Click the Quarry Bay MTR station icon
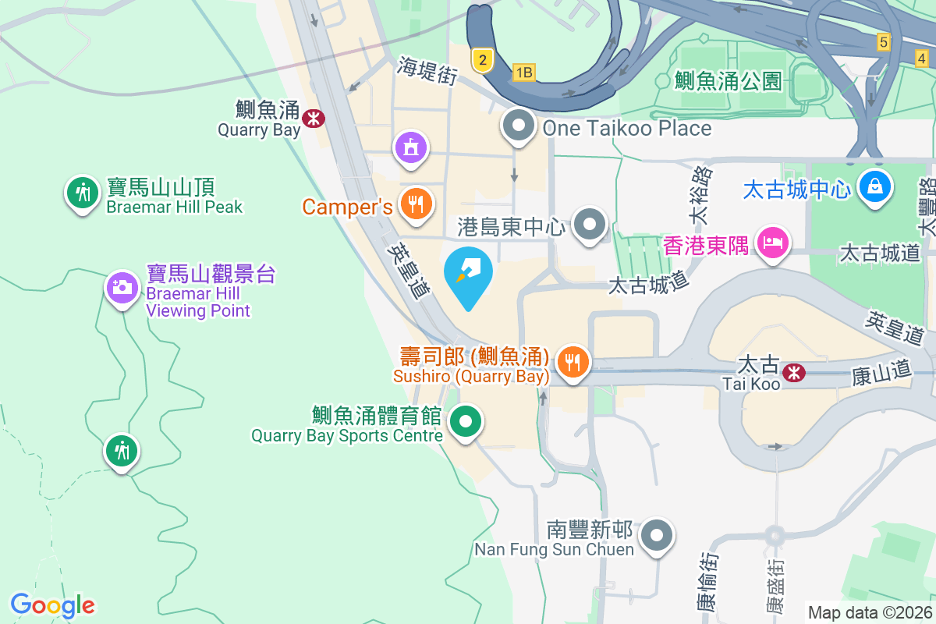tap(314, 119)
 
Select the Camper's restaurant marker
tap(415, 204)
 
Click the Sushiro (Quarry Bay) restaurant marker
tap(573, 362)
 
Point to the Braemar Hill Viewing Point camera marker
tap(122, 288)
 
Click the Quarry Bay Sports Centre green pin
tap(466, 423)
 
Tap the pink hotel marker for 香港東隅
tap(772, 243)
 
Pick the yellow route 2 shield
tap(484, 59)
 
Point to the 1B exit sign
tap(524, 73)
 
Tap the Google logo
tap(53, 604)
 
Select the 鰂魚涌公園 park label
tap(728, 80)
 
